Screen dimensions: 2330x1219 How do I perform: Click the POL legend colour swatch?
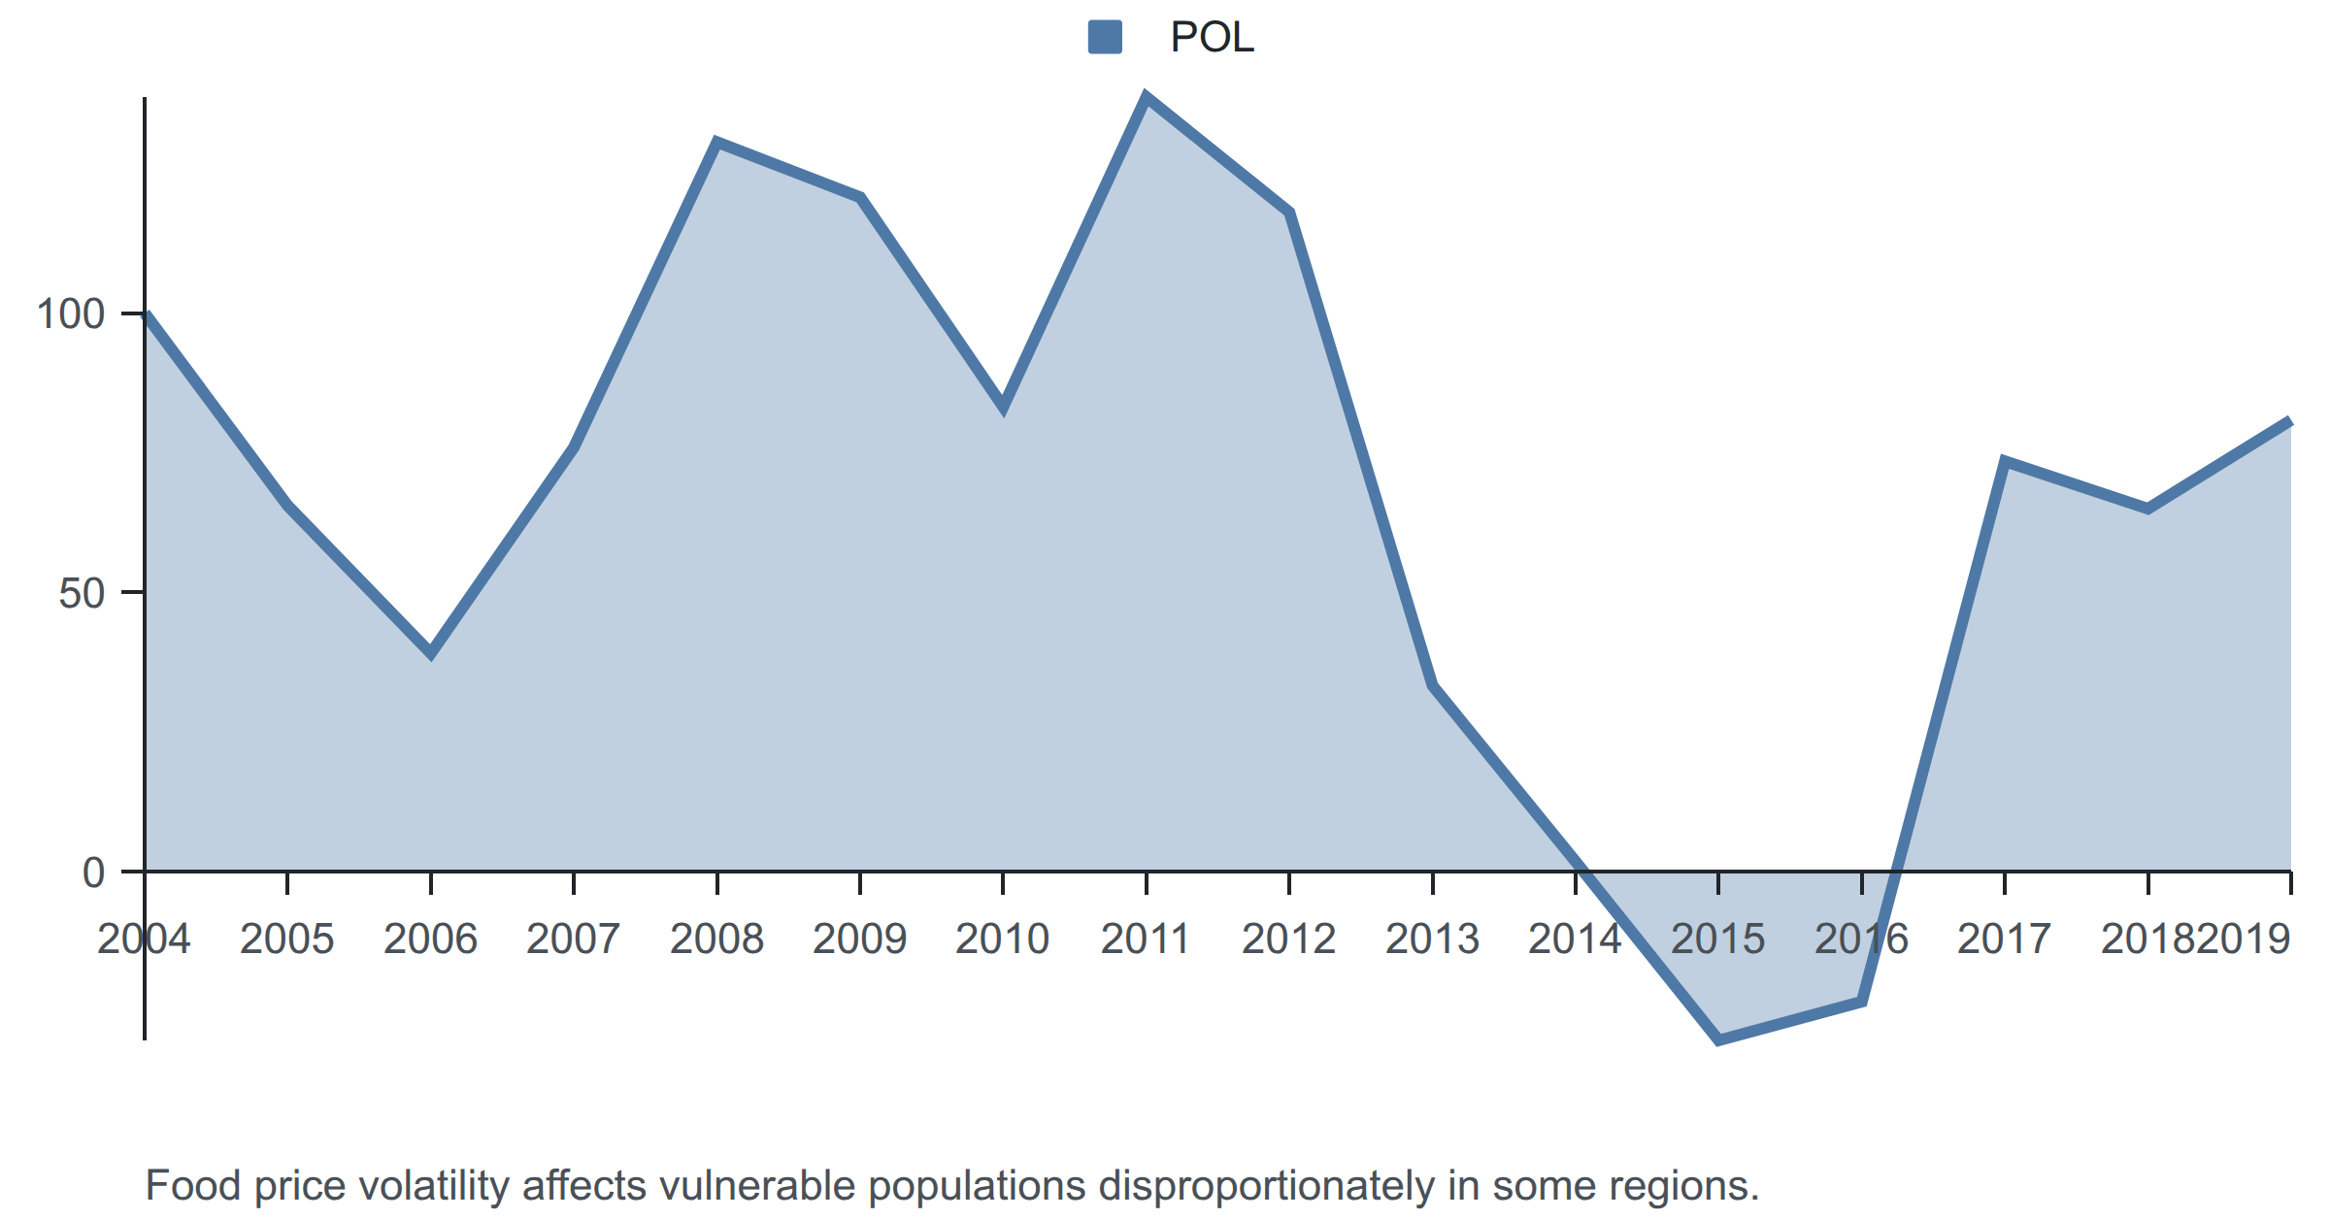click(1105, 37)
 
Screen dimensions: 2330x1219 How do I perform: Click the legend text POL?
click(1212, 38)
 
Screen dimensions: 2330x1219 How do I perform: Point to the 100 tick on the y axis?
click(133, 313)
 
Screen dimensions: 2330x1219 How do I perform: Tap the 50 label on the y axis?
click(82, 593)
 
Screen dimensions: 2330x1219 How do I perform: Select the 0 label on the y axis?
click(94, 873)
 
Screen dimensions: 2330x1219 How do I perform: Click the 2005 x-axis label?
click(287, 939)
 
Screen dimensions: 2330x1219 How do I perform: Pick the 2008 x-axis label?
click(717, 939)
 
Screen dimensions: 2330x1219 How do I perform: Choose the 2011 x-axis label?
click(1146, 939)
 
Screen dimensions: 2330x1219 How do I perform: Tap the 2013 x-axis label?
click(1432, 939)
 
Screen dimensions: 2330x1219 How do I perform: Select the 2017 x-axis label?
click(2005, 939)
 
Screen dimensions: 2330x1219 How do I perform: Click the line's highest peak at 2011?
click(1147, 97)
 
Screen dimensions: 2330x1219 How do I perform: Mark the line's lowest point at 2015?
click(1718, 1040)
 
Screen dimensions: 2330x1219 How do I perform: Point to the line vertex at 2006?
click(431, 653)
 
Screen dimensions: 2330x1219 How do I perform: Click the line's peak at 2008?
click(716, 143)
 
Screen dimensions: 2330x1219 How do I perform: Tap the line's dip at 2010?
click(1003, 408)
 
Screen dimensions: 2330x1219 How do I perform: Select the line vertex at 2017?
click(2005, 460)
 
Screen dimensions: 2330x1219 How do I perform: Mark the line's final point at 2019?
click(2290, 421)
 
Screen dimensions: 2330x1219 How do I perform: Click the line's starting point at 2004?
click(146, 313)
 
